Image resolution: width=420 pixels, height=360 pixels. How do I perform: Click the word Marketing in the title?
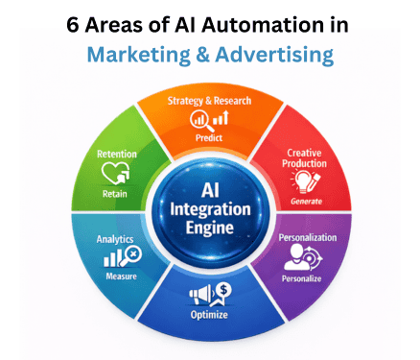[131, 55]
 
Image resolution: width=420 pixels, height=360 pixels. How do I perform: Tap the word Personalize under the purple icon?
[308, 277]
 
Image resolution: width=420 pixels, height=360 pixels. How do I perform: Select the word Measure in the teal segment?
[119, 276]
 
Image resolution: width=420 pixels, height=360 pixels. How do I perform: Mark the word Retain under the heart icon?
[116, 193]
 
